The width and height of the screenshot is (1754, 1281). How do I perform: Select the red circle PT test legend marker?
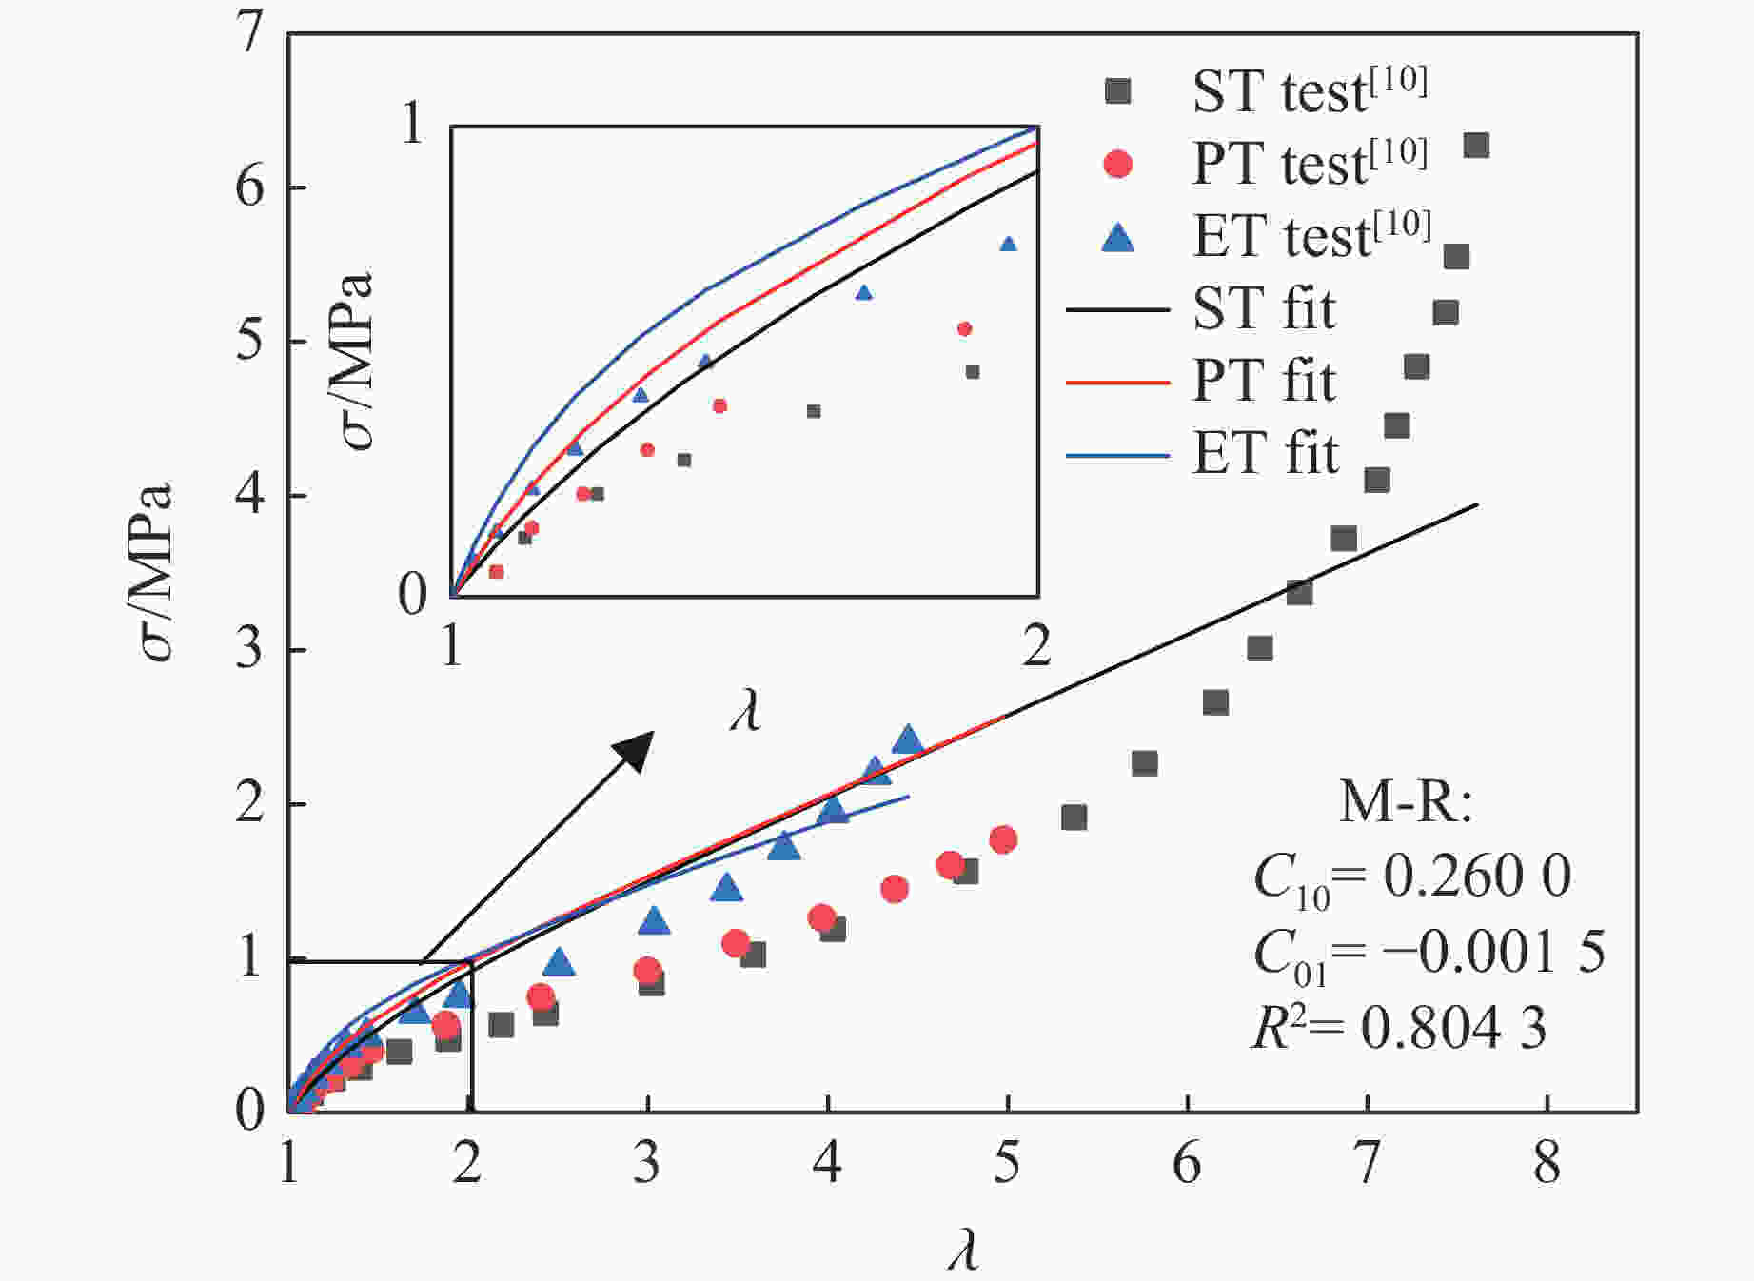tap(1117, 164)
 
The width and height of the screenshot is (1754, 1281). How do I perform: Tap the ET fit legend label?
tap(1265, 453)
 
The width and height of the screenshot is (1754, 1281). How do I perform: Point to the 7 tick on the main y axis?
tap(249, 34)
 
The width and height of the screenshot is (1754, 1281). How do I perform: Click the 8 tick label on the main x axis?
tap(1547, 1162)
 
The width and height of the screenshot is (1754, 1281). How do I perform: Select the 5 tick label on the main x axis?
tap(1007, 1162)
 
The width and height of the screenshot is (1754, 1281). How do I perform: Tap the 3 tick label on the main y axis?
tap(249, 651)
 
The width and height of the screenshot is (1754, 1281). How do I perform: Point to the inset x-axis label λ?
tap(745, 710)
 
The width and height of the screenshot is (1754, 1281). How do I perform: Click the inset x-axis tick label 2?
tap(1036, 647)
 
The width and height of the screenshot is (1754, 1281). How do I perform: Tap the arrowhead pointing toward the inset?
tap(636, 749)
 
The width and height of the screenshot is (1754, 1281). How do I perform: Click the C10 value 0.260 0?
tap(1475, 876)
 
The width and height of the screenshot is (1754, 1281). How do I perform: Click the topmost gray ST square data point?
tap(1476, 146)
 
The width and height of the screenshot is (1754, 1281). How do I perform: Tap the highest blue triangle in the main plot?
tap(908, 739)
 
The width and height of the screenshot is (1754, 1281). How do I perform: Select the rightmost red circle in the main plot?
tap(1003, 839)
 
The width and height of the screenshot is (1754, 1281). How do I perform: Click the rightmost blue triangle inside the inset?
tap(1009, 245)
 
